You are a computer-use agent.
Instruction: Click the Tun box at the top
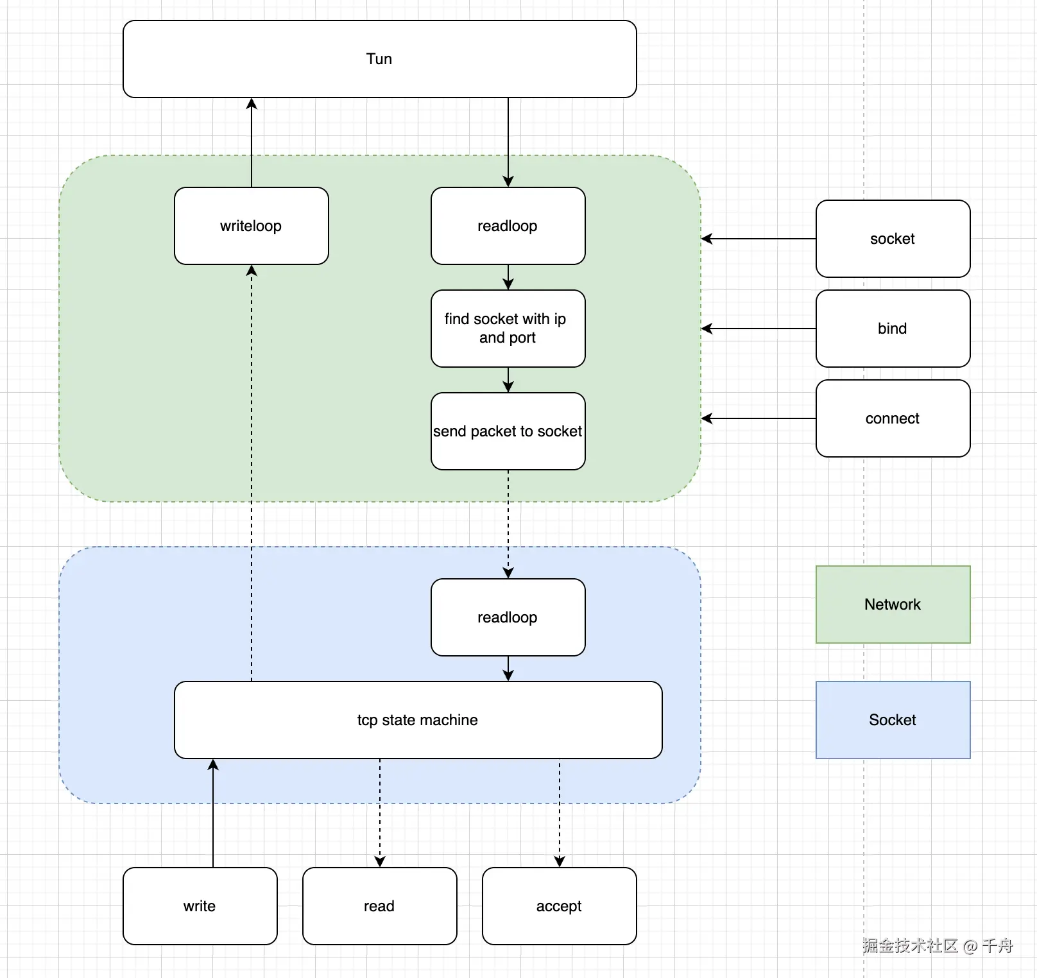(x=379, y=59)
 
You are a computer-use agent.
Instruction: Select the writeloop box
(x=251, y=226)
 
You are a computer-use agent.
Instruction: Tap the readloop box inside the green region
(x=508, y=226)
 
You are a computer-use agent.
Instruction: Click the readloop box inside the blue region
(x=508, y=617)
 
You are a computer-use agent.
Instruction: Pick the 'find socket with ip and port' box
(x=508, y=329)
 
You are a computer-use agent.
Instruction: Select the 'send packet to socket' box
(x=508, y=431)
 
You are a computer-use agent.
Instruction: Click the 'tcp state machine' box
(x=418, y=720)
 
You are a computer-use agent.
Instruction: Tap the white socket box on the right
(x=893, y=239)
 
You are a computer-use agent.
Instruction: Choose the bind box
(x=893, y=329)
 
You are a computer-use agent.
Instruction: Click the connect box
(x=893, y=418)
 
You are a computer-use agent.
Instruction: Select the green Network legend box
(x=893, y=605)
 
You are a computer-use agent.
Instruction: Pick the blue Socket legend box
(x=893, y=720)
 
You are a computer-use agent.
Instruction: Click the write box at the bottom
(x=200, y=906)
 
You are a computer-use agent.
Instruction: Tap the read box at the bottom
(x=379, y=906)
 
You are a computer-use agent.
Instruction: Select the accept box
(x=559, y=906)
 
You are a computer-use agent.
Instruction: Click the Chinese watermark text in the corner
(x=937, y=945)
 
